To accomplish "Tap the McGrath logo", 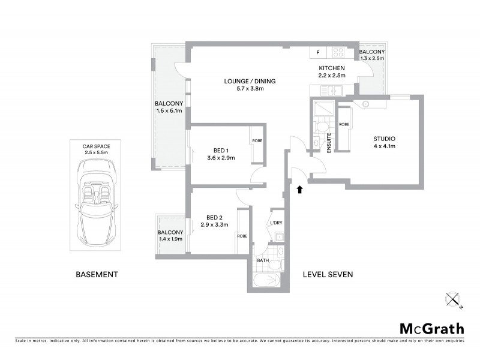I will [x=431, y=328].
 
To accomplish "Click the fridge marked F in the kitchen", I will [x=318, y=53].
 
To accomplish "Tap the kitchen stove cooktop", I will [x=337, y=53].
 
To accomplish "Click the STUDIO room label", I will [x=384, y=139].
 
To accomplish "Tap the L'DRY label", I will [x=276, y=223].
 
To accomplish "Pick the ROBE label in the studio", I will [x=344, y=124].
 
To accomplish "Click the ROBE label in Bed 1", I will [x=257, y=140].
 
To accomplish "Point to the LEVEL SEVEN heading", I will [x=328, y=275].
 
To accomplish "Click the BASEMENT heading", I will [x=97, y=275].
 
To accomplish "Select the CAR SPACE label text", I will [x=97, y=145].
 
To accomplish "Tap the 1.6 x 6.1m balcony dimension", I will [x=168, y=110].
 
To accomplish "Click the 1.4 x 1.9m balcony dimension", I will [x=170, y=239].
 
